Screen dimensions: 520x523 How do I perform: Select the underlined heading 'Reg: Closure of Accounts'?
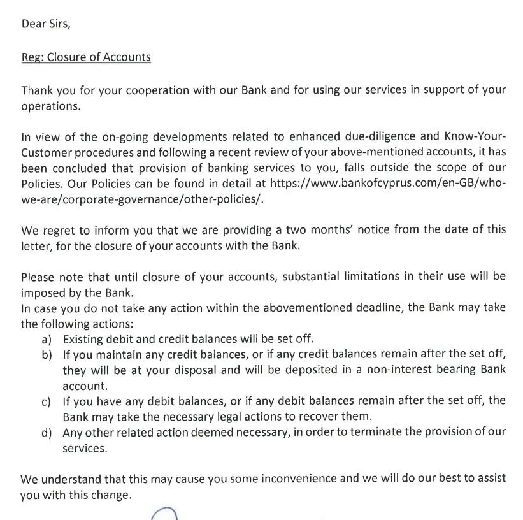[x=86, y=57]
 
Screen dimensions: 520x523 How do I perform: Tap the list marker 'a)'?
[x=47, y=339]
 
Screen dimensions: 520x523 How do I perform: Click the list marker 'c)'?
[x=47, y=401]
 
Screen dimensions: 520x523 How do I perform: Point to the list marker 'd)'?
[x=47, y=433]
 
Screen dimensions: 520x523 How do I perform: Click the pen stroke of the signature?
[x=164, y=514]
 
